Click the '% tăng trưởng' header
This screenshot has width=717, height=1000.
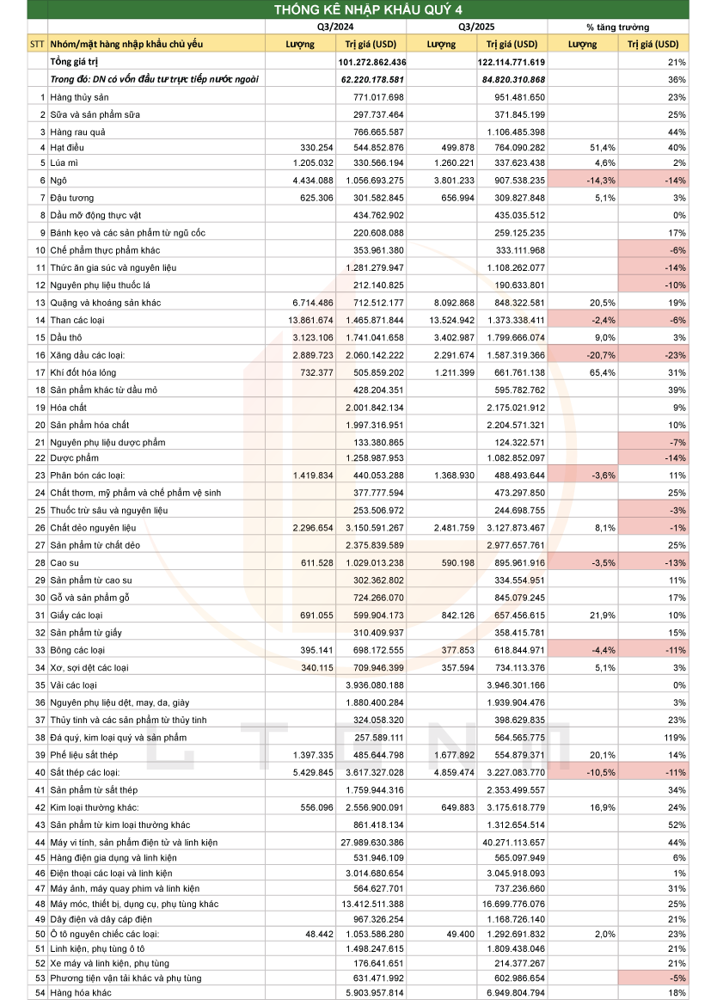[617, 27]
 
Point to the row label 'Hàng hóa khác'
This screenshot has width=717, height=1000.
[81, 993]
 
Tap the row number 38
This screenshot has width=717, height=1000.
[40, 737]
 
